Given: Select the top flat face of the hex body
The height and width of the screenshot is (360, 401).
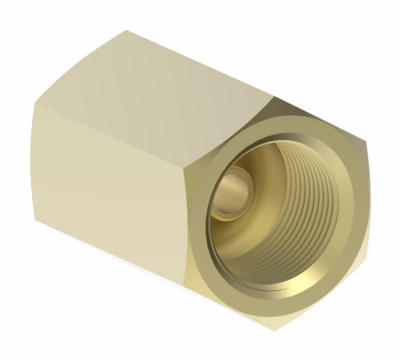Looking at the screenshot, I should click(x=176, y=76).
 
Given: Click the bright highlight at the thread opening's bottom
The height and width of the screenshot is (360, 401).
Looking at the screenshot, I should click(x=273, y=265).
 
